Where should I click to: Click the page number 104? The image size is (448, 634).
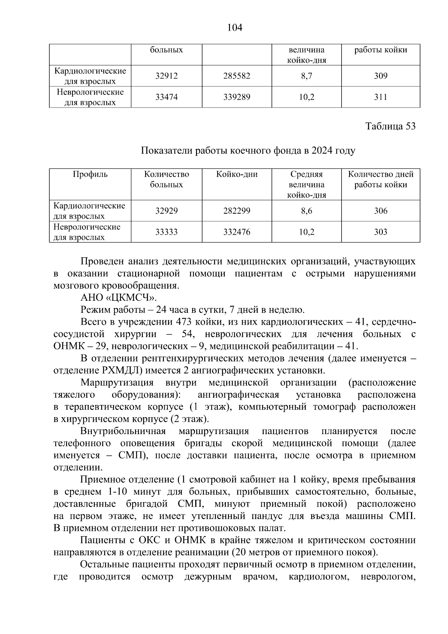tap(235, 28)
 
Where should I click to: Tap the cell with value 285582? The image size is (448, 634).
tap(237, 76)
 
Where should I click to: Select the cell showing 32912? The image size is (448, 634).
tap(167, 76)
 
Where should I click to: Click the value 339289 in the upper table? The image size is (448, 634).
tap(237, 98)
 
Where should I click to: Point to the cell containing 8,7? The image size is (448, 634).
tap(307, 76)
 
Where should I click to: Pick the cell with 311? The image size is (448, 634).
tap(380, 98)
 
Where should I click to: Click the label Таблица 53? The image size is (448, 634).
tap(391, 126)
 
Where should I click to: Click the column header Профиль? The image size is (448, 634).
tap(90, 174)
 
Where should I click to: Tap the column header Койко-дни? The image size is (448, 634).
tap(237, 174)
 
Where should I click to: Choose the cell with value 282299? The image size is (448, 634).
tap(237, 211)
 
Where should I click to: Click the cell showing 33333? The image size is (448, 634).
tap(167, 232)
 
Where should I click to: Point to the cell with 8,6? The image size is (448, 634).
tap(307, 211)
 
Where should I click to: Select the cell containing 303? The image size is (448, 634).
tap(380, 232)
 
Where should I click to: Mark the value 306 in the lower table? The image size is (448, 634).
tap(380, 211)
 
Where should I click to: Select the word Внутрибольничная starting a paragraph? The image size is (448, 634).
tap(123, 432)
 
